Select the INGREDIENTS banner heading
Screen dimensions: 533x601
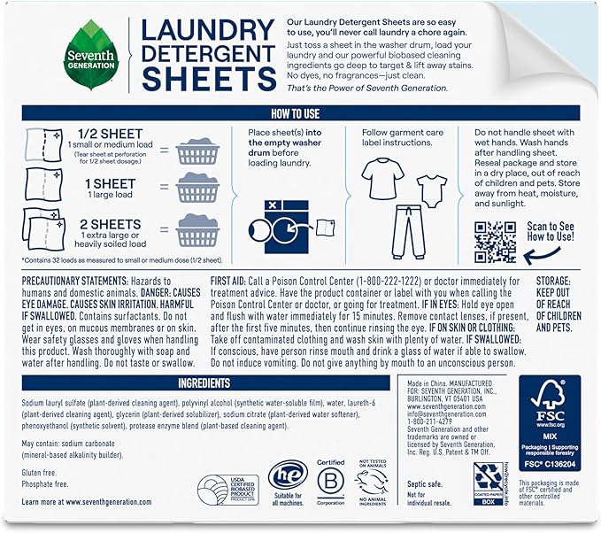click(x=204, y=382)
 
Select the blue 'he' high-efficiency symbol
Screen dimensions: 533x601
click(x=283, y=487)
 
